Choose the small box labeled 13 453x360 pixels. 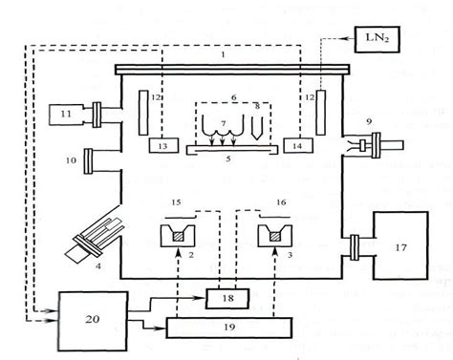(x=163, y=144)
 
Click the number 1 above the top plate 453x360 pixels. (x=222, y=56)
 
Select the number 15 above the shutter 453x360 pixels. (x=173, y=203)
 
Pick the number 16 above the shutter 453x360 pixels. (x=281, y=203)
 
